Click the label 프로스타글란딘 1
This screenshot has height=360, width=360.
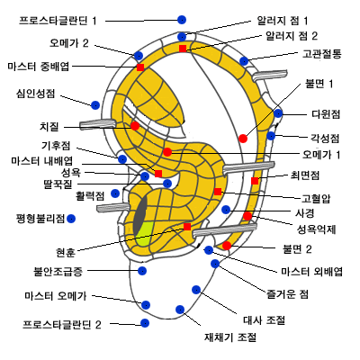58,21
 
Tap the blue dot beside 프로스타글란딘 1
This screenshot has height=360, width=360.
182,20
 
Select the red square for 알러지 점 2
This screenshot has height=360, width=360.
183,49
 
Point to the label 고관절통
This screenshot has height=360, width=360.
321,54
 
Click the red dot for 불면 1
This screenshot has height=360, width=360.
243,139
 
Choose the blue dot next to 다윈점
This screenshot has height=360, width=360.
278,113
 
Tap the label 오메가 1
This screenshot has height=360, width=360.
321,155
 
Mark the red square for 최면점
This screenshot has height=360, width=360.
255,181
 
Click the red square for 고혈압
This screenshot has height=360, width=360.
218,192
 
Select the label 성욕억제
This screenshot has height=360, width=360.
317,229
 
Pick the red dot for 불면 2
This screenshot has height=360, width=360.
227,246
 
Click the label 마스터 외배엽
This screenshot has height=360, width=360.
311,272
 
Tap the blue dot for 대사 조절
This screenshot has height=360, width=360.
196,290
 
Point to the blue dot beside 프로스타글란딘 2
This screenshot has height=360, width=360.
145,323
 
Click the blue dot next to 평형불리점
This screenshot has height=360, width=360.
71,219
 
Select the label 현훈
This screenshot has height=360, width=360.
66,253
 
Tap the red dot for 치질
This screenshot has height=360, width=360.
135,126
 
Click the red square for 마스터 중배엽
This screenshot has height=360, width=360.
140,67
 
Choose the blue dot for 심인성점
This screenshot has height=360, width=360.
95,105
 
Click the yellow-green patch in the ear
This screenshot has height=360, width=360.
144,234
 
